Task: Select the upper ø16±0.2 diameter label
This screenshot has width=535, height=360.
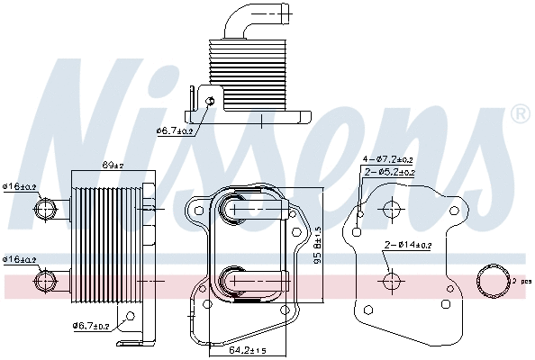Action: click(x=20, y=187)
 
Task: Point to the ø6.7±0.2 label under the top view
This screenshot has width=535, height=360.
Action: click(x=175, y=131)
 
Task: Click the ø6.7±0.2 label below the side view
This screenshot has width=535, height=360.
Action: click(x=91, y=326)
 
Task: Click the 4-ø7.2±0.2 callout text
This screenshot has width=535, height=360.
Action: click(x=388, y=159)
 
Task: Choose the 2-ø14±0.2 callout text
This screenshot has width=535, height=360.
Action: click(x=408, y=245)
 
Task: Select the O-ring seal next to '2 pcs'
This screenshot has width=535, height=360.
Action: click(x=494, y=281)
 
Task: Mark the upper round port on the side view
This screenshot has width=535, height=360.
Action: click(x=44, y=210)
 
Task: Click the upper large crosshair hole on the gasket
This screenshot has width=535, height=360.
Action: click(x=391, y=211)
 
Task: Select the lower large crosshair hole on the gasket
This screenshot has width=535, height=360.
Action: click(x=391, y=281)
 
